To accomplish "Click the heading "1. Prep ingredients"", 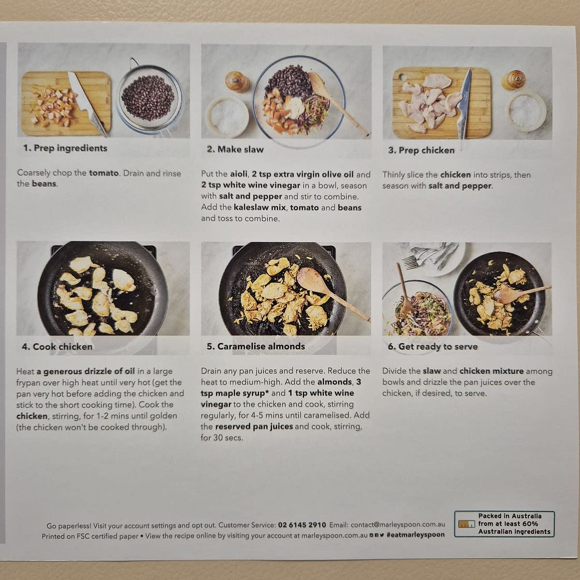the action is pos(65,148).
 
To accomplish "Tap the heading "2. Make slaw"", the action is pos(235,150).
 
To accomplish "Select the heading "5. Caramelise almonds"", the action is pos(256,346).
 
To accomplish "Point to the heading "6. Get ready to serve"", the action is pos(432,346).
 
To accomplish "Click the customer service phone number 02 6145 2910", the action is pos(302,525).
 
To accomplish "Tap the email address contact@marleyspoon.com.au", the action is pos(398,525).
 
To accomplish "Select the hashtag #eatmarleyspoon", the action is pos(415,535).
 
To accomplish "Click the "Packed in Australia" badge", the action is pos(504,524).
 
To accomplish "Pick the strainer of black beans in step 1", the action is pos(150,97).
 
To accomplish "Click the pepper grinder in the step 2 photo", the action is pos(237,82).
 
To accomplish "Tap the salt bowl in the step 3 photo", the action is pos(525,111).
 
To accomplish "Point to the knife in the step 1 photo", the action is pos(88,104).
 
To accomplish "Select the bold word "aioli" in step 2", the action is pos(239,174).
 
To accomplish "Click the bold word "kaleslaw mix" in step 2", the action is pos(259,207).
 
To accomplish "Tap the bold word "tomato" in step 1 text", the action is pos(104,173).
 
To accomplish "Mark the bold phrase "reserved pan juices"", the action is pos(254,427).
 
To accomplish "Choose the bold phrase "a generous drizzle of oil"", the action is pos(85,371).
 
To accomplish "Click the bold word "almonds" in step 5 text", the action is pos(335,382).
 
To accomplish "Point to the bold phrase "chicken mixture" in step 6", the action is pos(491,371).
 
